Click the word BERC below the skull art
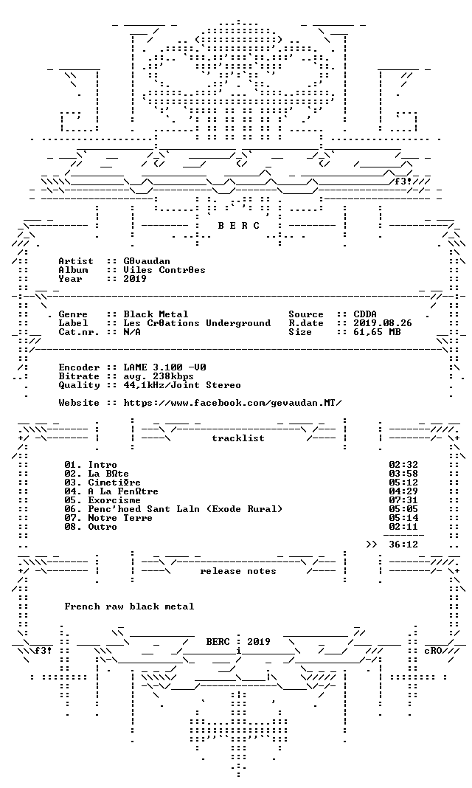239,226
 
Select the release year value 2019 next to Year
135,278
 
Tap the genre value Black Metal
156,314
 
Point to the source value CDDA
365,314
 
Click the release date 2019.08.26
383,323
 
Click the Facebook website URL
233,403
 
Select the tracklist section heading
238,438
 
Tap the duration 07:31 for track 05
403,500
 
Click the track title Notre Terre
120,518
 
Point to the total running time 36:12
403,545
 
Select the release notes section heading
238,571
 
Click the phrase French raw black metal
129,606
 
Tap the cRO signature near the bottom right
433,650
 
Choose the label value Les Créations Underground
197,323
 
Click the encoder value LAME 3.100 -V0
164,367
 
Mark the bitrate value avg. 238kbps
159,376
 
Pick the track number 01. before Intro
73,465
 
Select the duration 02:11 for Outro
403,527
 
